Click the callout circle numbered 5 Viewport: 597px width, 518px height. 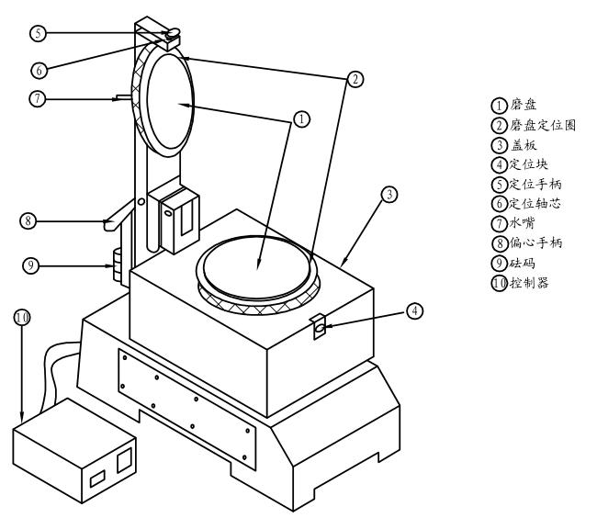pos(38,33)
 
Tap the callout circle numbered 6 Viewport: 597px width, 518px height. pos(39,70)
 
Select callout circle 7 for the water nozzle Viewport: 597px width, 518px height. pos(38,99)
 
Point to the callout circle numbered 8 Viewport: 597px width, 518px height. pos(28,220)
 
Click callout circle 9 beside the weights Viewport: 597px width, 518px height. pos(31,265)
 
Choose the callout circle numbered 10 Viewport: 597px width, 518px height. pos(22,317)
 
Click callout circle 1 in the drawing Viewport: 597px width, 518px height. pos(302,119)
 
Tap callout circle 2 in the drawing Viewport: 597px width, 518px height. pos(355,80)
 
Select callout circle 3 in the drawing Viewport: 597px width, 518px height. pos(389,195)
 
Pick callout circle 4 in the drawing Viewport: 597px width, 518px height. pos(414,311)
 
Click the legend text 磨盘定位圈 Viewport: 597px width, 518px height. pos(543,125)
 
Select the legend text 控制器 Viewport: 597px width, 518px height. pos(529,282)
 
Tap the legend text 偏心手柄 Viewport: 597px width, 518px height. pos(536,242)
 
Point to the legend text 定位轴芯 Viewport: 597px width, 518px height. pos(535,203)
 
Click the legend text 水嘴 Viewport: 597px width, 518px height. pos(523,222)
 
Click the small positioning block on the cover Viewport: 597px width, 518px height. pos(319,326)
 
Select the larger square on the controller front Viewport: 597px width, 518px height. pos(124,460)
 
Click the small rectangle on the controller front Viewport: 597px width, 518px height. pos(97,479)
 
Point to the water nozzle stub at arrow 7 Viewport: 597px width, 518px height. pos(123,98)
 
